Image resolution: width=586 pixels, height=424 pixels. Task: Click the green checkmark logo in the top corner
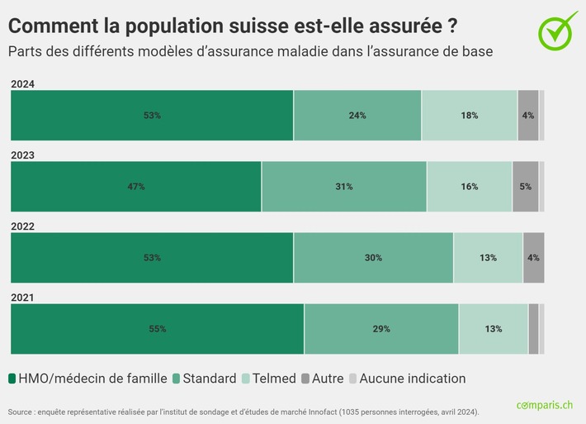[558, 31]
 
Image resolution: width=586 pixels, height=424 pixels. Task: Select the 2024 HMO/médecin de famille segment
[152, 116]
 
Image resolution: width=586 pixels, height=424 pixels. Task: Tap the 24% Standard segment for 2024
[357, 116]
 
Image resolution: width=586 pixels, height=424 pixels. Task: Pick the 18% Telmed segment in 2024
[470, 116]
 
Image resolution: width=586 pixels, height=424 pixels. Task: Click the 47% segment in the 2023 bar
[136, 187]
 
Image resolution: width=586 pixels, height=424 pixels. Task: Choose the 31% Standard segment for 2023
[344, 187]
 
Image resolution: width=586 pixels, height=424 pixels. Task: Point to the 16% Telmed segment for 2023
[470, 187]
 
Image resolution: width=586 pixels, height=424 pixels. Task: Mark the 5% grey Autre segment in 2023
[525, 187]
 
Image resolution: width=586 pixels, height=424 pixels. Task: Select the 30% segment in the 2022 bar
[373, 258]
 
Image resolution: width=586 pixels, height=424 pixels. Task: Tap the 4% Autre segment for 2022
[533, 258]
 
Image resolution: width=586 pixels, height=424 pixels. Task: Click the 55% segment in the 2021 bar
[158, 329]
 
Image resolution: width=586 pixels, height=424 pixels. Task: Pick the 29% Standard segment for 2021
[381, 329]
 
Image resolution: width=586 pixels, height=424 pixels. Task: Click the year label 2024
[22, 83]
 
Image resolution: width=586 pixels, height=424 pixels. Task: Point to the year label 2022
[22, 226]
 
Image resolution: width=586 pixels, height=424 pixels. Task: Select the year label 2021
[22, 297]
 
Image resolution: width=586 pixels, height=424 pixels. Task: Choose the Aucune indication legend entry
[412, 379]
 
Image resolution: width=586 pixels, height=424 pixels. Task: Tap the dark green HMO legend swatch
[12, 379]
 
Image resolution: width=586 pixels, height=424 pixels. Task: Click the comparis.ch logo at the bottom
[544, 405]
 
